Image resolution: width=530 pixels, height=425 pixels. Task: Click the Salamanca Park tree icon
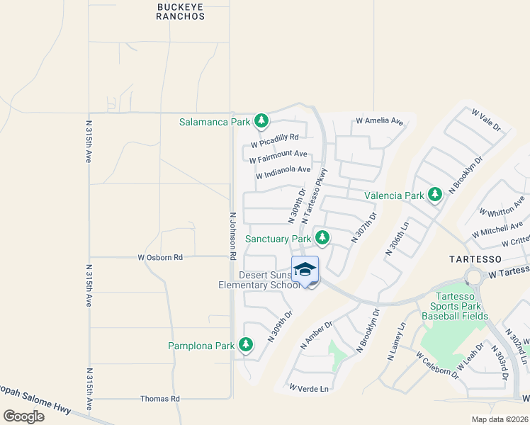click(261, 121)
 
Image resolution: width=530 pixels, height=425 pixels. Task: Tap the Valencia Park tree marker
click(435, 194)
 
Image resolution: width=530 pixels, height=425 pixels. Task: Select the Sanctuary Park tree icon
click(322, 238)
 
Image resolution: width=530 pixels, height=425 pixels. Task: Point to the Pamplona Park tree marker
click(246, 346)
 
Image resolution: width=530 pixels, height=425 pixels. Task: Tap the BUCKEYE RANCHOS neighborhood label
click(180, 11)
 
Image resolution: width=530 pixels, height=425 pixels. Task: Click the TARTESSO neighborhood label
click(475, 259)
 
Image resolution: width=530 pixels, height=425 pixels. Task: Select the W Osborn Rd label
click(160, 257)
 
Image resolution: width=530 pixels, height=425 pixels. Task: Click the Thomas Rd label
click(160, 399)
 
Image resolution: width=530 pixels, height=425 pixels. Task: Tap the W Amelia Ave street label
click(379, 121)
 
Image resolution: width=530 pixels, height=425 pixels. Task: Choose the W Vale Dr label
click(485, 119)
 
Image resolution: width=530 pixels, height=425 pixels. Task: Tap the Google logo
click(23, 416)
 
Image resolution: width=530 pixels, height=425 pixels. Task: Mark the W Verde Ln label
click(310, 388)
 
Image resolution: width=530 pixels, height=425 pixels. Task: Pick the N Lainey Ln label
click(397, 343)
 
